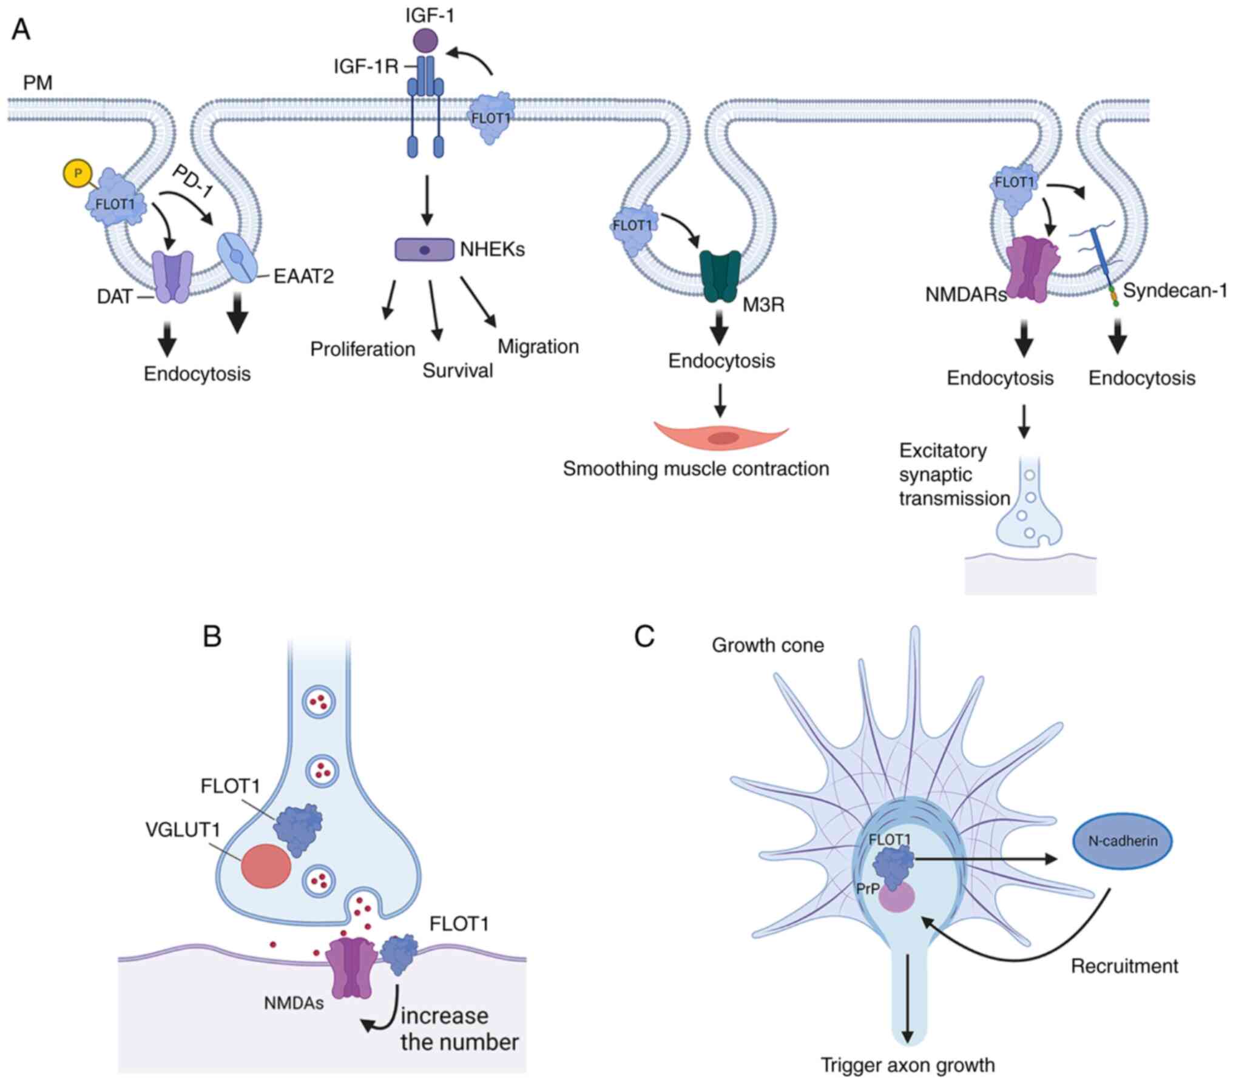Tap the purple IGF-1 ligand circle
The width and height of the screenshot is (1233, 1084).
click(425, 41)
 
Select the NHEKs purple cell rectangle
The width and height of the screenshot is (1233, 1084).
click(424, 249)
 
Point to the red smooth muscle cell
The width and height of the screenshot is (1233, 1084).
click(721, 437)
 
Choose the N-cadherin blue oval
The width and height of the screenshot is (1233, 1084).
click(1123, 841)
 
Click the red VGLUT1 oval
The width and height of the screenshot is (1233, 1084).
click(266, 867)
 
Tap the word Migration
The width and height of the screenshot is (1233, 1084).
click(538, 346)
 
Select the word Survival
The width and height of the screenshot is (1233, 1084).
click(458, 371)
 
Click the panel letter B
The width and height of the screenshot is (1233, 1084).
click(212, 637)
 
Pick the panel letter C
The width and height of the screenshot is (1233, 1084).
click(644, 637)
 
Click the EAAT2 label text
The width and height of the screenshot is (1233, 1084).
click(303, 276)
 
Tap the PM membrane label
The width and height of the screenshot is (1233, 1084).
click(38, 82)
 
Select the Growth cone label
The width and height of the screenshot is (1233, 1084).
click(768, 645)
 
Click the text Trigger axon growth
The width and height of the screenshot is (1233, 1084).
click(908, 1065)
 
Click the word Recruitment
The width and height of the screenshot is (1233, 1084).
click(1124, 966)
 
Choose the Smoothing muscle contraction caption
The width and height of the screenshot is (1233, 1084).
click(695, 469)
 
